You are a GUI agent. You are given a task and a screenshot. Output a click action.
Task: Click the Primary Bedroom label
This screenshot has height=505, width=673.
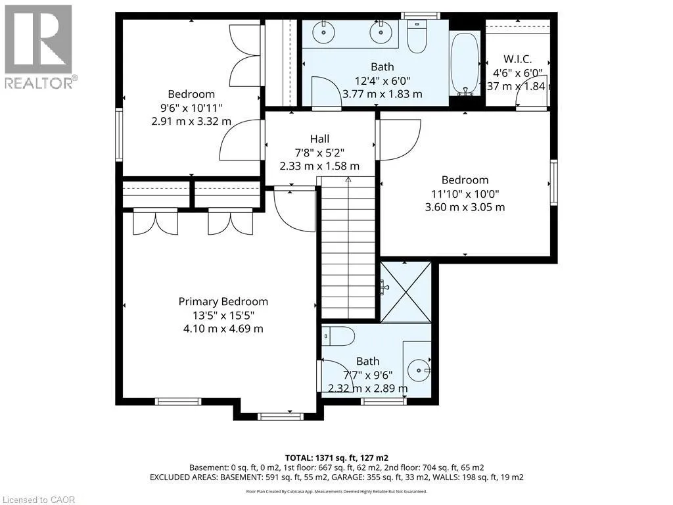[x=223, y=301]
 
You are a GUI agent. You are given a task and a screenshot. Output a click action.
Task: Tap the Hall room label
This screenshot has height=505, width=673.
[x=320, y=139]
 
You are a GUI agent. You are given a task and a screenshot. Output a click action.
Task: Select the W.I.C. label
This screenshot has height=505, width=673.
[x=518, y=59]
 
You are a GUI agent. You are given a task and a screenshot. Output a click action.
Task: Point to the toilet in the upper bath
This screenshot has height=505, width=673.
[x=416, y=37]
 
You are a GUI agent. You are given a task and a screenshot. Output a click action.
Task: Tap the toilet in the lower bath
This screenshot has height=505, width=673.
[x=338, y=336]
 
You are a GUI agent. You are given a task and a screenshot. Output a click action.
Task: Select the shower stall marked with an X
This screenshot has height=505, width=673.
[x=406, y=291]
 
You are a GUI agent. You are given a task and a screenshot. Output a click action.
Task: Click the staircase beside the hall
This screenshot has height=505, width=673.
[x=348, y=247]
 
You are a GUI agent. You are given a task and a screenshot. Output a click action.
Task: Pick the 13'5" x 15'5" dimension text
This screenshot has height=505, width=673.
[x=223, y=315]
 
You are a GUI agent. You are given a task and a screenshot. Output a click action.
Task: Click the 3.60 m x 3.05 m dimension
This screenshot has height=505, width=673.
[x=465, y=207]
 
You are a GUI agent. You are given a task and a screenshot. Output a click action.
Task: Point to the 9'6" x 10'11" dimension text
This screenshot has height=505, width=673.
[x=191, y=108]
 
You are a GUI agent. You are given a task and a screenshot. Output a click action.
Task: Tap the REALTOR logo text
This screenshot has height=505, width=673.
[x=41, y=82]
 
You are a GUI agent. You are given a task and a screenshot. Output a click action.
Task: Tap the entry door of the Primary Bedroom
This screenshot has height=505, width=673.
[x=294, y=210]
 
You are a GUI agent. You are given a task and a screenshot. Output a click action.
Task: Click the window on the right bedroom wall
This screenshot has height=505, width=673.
[x=553, y=183]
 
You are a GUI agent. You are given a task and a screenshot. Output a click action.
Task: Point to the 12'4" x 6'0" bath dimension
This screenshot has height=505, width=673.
[x=383, y=80]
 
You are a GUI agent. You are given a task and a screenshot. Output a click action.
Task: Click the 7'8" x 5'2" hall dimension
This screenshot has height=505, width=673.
[x=320, y=153]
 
